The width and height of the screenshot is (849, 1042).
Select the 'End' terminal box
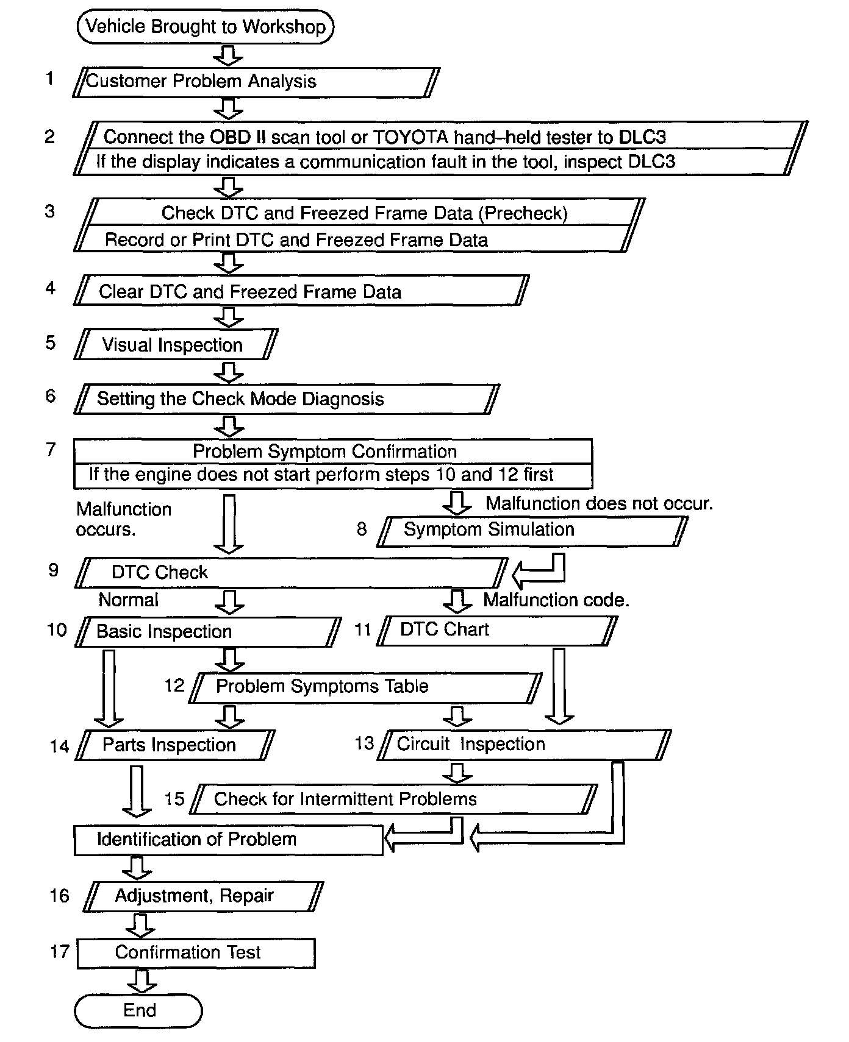[138, 1010]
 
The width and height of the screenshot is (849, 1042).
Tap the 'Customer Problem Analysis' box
[256, 82]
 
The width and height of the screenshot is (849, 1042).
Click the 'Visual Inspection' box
[176, 345]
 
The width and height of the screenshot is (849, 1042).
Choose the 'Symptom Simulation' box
[532, 530]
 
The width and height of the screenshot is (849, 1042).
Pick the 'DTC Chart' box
[496, 630]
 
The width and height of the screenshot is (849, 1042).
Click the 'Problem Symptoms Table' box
[365, 687]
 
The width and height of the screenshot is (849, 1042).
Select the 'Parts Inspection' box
[175, 745]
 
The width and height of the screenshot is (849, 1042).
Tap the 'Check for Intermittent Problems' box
[393, 799]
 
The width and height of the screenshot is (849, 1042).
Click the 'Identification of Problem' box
[228, 840]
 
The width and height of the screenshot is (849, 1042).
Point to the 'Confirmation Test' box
[196, 953]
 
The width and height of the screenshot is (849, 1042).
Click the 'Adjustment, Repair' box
[203, 896]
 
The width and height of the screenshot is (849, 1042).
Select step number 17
[60, 952]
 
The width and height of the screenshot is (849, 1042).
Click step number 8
[362, 529]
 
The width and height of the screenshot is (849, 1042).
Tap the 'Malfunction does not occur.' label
[599, 504]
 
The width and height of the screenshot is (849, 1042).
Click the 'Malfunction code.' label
[556, 600]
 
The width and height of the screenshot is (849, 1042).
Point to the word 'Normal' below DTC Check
[128, 600]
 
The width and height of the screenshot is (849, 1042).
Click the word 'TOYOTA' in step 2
[410, 137]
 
